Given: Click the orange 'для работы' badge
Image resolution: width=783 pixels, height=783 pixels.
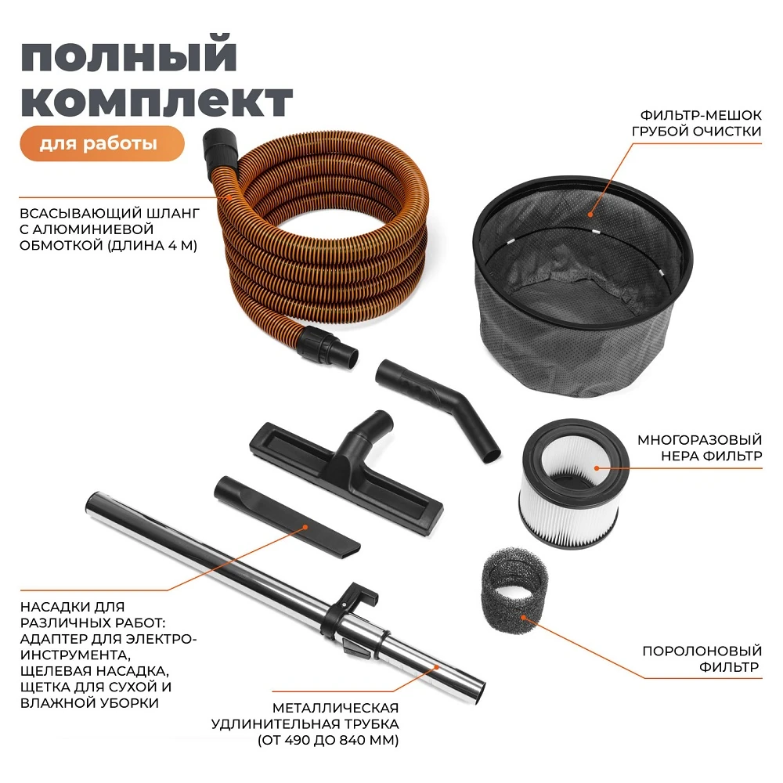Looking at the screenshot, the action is point(103,143).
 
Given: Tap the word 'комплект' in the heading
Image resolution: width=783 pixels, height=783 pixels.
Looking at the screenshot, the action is point(157,100).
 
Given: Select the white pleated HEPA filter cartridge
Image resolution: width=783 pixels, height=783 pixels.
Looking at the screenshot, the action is point(574,483).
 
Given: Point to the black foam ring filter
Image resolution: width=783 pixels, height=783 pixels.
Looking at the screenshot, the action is point(514,595).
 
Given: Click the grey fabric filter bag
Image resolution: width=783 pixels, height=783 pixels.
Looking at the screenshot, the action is point(583,285).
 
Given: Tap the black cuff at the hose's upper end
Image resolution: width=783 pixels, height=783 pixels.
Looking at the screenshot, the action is point(219,149).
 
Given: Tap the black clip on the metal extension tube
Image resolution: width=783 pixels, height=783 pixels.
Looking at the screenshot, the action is point(349,609).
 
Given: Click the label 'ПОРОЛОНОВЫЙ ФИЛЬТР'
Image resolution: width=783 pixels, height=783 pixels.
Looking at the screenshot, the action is point(702,659).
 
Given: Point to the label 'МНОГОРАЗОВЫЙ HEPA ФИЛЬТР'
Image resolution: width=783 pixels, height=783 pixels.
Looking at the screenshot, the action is point(699,448).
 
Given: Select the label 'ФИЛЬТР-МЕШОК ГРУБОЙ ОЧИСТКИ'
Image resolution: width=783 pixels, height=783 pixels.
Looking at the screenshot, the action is point(697,123).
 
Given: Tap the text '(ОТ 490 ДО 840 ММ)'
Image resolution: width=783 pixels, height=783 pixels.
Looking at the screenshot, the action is point(328,740).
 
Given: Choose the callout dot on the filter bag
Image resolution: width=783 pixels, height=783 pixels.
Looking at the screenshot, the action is point(590,215).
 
